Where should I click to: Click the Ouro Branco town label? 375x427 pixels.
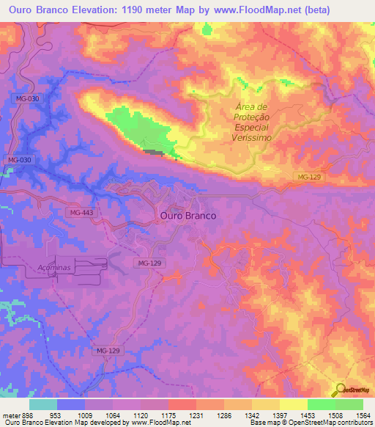tap(186, 216)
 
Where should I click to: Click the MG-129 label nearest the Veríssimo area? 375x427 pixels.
tap(310, 178)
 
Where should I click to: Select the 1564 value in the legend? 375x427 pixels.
tap(354, 415)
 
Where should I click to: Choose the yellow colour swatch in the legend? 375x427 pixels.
tap(294, 404)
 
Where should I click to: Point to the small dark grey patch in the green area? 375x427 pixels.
tap(152, 153)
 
